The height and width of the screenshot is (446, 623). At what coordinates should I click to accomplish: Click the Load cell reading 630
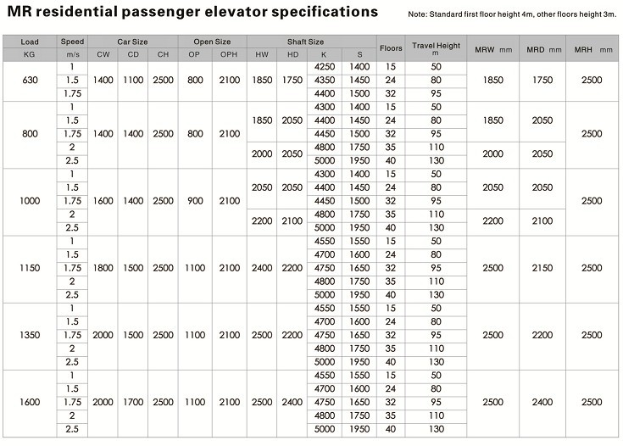30,81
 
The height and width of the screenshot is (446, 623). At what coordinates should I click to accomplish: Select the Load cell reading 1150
30,268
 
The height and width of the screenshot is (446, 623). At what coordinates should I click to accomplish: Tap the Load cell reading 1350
30,335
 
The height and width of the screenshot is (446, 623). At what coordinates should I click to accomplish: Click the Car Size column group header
132,42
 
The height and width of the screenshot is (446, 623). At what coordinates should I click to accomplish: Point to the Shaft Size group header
305,42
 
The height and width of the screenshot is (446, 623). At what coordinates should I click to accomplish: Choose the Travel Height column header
436,48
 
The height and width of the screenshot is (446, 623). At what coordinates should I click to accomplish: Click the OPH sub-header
229,54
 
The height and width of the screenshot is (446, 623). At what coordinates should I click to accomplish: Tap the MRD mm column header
544,50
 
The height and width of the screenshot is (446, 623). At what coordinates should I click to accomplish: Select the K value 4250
325,67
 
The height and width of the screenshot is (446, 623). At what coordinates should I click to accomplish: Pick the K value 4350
325,81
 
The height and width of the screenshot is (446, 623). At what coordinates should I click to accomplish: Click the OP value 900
195,201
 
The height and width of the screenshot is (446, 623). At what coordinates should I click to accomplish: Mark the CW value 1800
103,268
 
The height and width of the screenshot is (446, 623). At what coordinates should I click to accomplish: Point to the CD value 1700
133,402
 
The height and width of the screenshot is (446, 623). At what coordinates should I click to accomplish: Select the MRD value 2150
542,268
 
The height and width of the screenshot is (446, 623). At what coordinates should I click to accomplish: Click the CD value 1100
133,81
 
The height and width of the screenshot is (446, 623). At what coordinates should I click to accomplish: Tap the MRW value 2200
493,221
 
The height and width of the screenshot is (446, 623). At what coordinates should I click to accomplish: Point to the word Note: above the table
417,14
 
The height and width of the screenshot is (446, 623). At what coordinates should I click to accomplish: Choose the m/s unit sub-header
72,54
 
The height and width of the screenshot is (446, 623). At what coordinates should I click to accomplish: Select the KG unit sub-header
30,54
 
